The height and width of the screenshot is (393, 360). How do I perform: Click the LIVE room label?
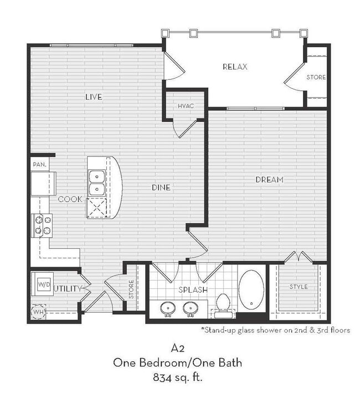point(94,97)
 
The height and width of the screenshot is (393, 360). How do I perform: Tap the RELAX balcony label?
point(234,67)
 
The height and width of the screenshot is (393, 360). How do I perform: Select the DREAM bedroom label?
point(269,180)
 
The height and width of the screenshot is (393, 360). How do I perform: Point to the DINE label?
point(161,187)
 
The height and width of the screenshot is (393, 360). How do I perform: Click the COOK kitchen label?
point(70,198)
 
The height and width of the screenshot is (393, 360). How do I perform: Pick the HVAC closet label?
point(185,105)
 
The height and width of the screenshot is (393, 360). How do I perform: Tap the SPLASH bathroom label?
point(193,290)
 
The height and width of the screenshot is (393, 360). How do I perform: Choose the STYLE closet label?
point(299,287)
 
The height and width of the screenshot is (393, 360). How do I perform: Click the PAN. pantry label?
point(39,165)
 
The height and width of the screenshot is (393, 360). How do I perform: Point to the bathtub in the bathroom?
point(251,289)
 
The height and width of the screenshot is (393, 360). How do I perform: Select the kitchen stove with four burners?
point(42,225)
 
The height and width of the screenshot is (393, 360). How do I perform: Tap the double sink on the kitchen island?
point(96,183)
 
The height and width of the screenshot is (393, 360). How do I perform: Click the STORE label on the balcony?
point(316,77)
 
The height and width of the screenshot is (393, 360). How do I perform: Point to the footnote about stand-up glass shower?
point(275,330)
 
